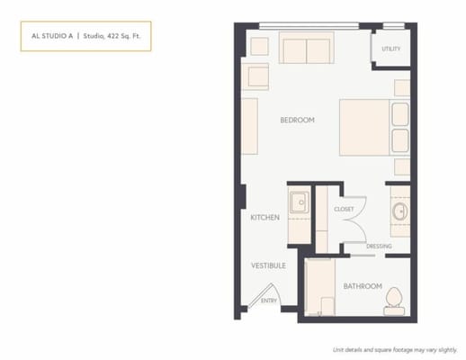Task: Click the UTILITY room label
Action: click(x=390, y=49)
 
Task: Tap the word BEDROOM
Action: click(x=297, y=120)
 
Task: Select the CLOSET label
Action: click(x=344, y=209)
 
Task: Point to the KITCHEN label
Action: click(x=264, y=218)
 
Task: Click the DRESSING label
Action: click(x=379, y=246)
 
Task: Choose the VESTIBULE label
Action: click(x=267, y=265)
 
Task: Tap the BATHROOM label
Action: click(x=362, y=287)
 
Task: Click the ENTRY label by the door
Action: click(x=268, y=301)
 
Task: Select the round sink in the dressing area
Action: click(x=399, y=213)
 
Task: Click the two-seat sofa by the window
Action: click(x=306, y=49)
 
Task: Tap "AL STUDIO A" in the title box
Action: click(x=49, y=36)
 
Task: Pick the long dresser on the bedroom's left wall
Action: click(x=249, y=126)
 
